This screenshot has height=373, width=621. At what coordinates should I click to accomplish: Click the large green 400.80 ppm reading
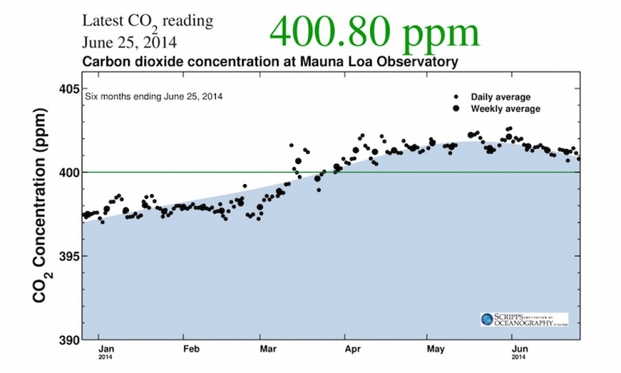coord(374,32)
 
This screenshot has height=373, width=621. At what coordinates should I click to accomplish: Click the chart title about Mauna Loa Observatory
coord(270,62)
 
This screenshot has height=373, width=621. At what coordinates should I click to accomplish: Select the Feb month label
coord(191,349)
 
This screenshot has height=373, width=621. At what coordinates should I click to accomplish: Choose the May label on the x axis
coord(435,349)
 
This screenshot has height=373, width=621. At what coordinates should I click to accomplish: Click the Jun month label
coord(519,349)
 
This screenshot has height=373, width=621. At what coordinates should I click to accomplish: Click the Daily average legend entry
coord(500,97)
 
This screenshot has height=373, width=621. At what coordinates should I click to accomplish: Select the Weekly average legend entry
coord(504,109)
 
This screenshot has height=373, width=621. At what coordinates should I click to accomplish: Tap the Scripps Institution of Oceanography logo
coord(524,319)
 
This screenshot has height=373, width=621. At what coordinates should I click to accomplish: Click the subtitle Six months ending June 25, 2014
coord(154,96)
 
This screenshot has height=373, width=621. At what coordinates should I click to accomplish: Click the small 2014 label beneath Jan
coord(105,358)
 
